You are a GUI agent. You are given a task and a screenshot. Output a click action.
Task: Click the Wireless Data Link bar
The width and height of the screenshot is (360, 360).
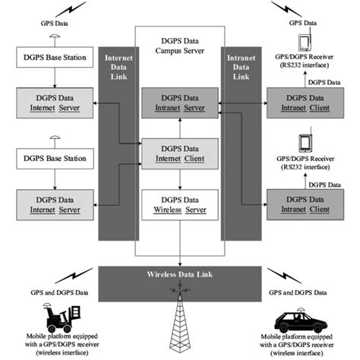coord(179,273)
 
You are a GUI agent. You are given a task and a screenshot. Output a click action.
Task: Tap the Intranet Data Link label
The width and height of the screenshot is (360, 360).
coord(238,67)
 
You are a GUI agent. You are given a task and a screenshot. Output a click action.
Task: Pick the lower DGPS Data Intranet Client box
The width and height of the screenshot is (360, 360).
coord(302,204)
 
